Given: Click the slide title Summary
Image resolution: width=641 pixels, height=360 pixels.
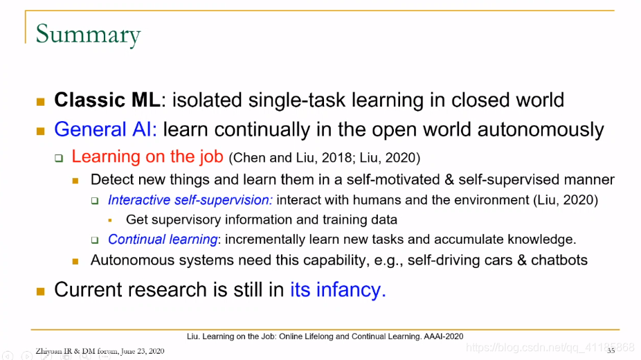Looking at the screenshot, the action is [88, 35].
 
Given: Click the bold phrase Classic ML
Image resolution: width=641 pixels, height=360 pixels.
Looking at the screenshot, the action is [107, 100].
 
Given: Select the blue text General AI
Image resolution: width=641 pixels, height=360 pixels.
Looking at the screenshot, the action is [105, 129].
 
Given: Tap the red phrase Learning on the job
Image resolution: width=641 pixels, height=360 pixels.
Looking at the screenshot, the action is [147, 156].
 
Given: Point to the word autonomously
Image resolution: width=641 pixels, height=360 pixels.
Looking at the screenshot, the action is [541, 130].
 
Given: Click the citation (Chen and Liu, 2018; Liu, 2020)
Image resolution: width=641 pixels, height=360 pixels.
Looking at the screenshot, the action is [325, 158].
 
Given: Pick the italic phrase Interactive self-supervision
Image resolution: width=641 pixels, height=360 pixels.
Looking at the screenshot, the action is [190, 200].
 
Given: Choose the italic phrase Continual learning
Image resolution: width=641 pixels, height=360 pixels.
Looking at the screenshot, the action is [163, 240].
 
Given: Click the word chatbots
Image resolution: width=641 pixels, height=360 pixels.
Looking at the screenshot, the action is [559, 260].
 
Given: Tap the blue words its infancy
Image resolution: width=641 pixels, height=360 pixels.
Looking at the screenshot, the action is [338, 289].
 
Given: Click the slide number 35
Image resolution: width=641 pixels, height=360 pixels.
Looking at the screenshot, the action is [611, 350].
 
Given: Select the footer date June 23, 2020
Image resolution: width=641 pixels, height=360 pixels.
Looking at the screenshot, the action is [143, 351].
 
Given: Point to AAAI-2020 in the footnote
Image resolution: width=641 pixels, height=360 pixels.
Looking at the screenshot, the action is [444, 336].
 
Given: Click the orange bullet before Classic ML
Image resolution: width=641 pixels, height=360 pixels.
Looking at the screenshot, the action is [40, 101].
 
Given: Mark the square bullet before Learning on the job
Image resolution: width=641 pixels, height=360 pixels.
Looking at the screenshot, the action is [60, 158].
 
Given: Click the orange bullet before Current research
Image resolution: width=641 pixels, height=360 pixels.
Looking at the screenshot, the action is [40, 291].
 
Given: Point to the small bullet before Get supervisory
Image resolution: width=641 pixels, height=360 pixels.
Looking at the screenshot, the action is [110, 220].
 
